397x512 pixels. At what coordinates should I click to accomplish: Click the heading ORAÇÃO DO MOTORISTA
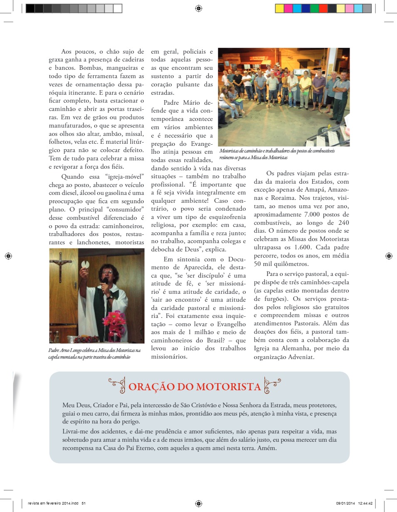coord(195,386)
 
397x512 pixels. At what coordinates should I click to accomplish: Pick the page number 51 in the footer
coord(84,503)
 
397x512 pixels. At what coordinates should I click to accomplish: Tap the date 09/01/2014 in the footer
coord(345,503)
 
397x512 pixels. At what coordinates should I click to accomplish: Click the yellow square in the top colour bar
coord(279,8)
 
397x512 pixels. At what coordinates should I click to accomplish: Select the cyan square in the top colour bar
coord(297,8)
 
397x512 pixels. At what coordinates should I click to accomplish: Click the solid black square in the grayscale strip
coord(30,8)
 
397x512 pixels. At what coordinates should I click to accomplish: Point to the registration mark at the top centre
coord(198,8)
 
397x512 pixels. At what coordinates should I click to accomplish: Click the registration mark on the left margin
coord(8,256)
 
